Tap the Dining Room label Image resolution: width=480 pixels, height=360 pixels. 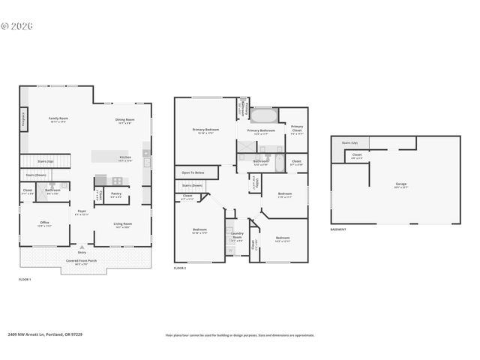[124, 120]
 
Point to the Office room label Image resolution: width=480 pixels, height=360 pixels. [45, 223]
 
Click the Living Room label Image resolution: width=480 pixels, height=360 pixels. [122, 223]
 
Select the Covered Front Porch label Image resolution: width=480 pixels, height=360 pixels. [82, 261]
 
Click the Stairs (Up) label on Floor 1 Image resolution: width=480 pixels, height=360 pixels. [45, 160]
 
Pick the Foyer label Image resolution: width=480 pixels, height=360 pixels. [82, 211]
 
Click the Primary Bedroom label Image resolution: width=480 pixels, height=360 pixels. [204, 130]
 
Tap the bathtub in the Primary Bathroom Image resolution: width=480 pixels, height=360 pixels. [263, 116]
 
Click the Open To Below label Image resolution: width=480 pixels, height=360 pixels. [193, 172]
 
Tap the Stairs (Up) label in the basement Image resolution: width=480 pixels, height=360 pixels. [349, 142]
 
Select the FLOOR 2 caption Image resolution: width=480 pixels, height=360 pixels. [180, 268]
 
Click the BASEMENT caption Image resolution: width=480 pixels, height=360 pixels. [338, 229]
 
